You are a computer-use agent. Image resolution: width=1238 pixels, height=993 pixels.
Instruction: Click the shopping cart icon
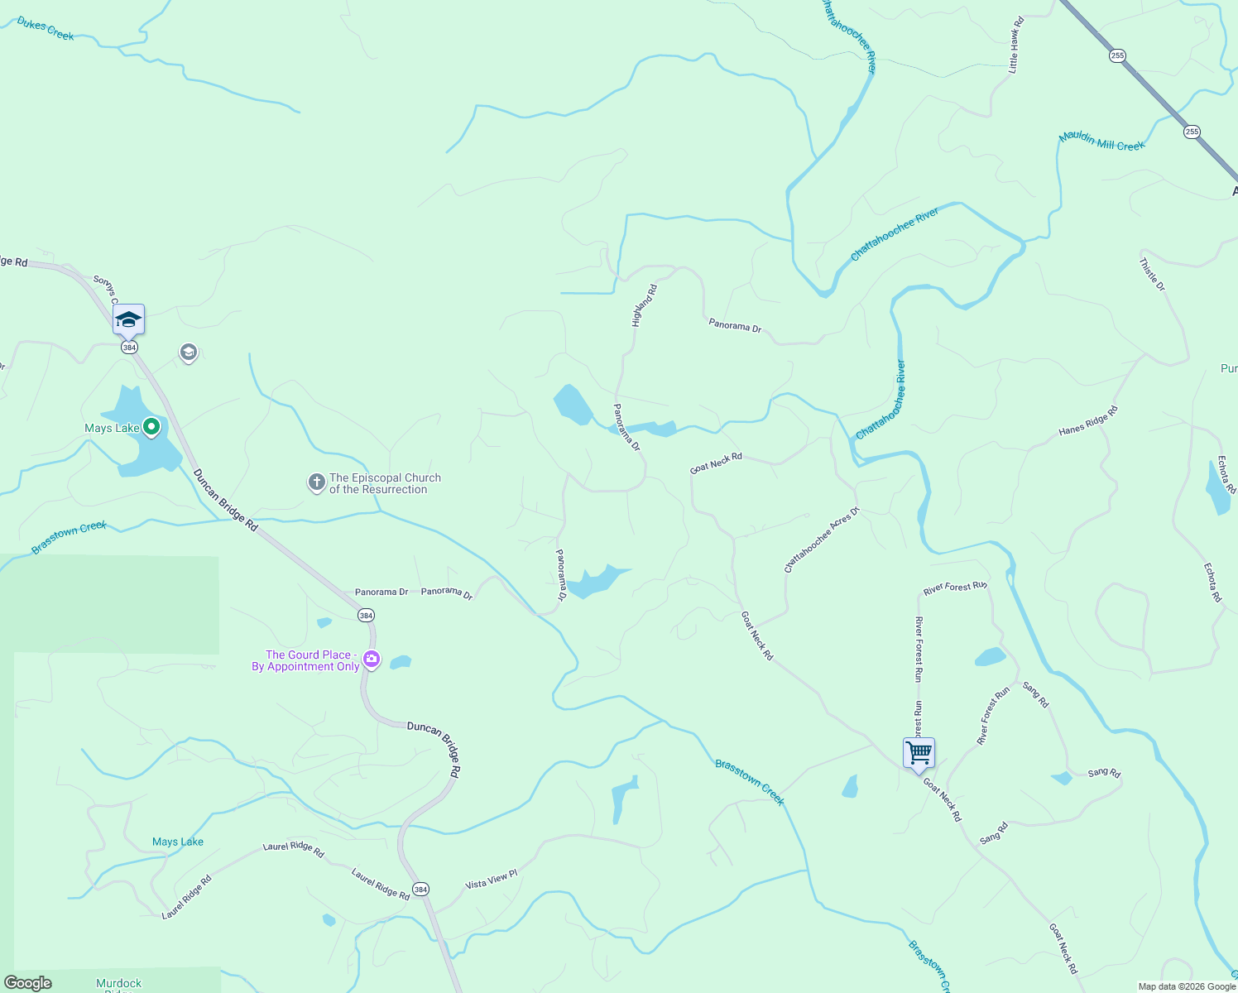pos(919,754)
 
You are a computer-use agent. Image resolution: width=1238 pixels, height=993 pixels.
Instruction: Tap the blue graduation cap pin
pos(128,319)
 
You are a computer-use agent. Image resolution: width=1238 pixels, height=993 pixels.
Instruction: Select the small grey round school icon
pos(189,353)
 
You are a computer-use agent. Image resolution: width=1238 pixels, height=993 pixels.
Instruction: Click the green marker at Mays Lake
pos(151,427)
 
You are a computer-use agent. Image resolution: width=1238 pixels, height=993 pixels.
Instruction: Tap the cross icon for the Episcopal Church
pos(316,482)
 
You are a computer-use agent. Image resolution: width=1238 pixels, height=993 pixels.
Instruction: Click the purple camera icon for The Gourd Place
pos(372,660)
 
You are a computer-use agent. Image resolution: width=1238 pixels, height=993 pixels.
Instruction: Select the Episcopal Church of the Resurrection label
pos(385,483)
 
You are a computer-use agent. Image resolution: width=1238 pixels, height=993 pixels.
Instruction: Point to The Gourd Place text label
pos(305,660)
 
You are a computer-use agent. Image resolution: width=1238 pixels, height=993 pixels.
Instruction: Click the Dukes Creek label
pos(46,29)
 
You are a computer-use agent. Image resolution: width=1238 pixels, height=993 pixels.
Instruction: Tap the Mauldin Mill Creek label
pos(1101,141)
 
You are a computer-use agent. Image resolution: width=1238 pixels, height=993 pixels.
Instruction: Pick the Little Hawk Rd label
pos(1015,46)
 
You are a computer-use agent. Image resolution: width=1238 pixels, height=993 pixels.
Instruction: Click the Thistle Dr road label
pos(1152,275)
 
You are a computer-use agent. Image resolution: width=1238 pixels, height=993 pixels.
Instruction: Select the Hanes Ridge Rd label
pos(1088,420)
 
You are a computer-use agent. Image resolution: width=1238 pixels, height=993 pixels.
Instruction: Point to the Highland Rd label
pos(644,305)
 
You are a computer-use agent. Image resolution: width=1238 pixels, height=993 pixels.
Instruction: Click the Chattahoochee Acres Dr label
pos(822,540)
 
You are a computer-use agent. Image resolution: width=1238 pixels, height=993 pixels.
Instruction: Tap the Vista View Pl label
pos(491,880)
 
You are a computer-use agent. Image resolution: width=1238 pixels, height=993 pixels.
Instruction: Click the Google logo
pos(27,983)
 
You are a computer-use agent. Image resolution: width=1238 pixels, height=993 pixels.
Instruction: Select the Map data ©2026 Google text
pos(1187,986)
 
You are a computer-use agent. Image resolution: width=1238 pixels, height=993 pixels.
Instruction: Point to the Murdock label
pos(119,984)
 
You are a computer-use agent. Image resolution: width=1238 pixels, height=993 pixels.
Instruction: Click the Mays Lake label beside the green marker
pos(112,428)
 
